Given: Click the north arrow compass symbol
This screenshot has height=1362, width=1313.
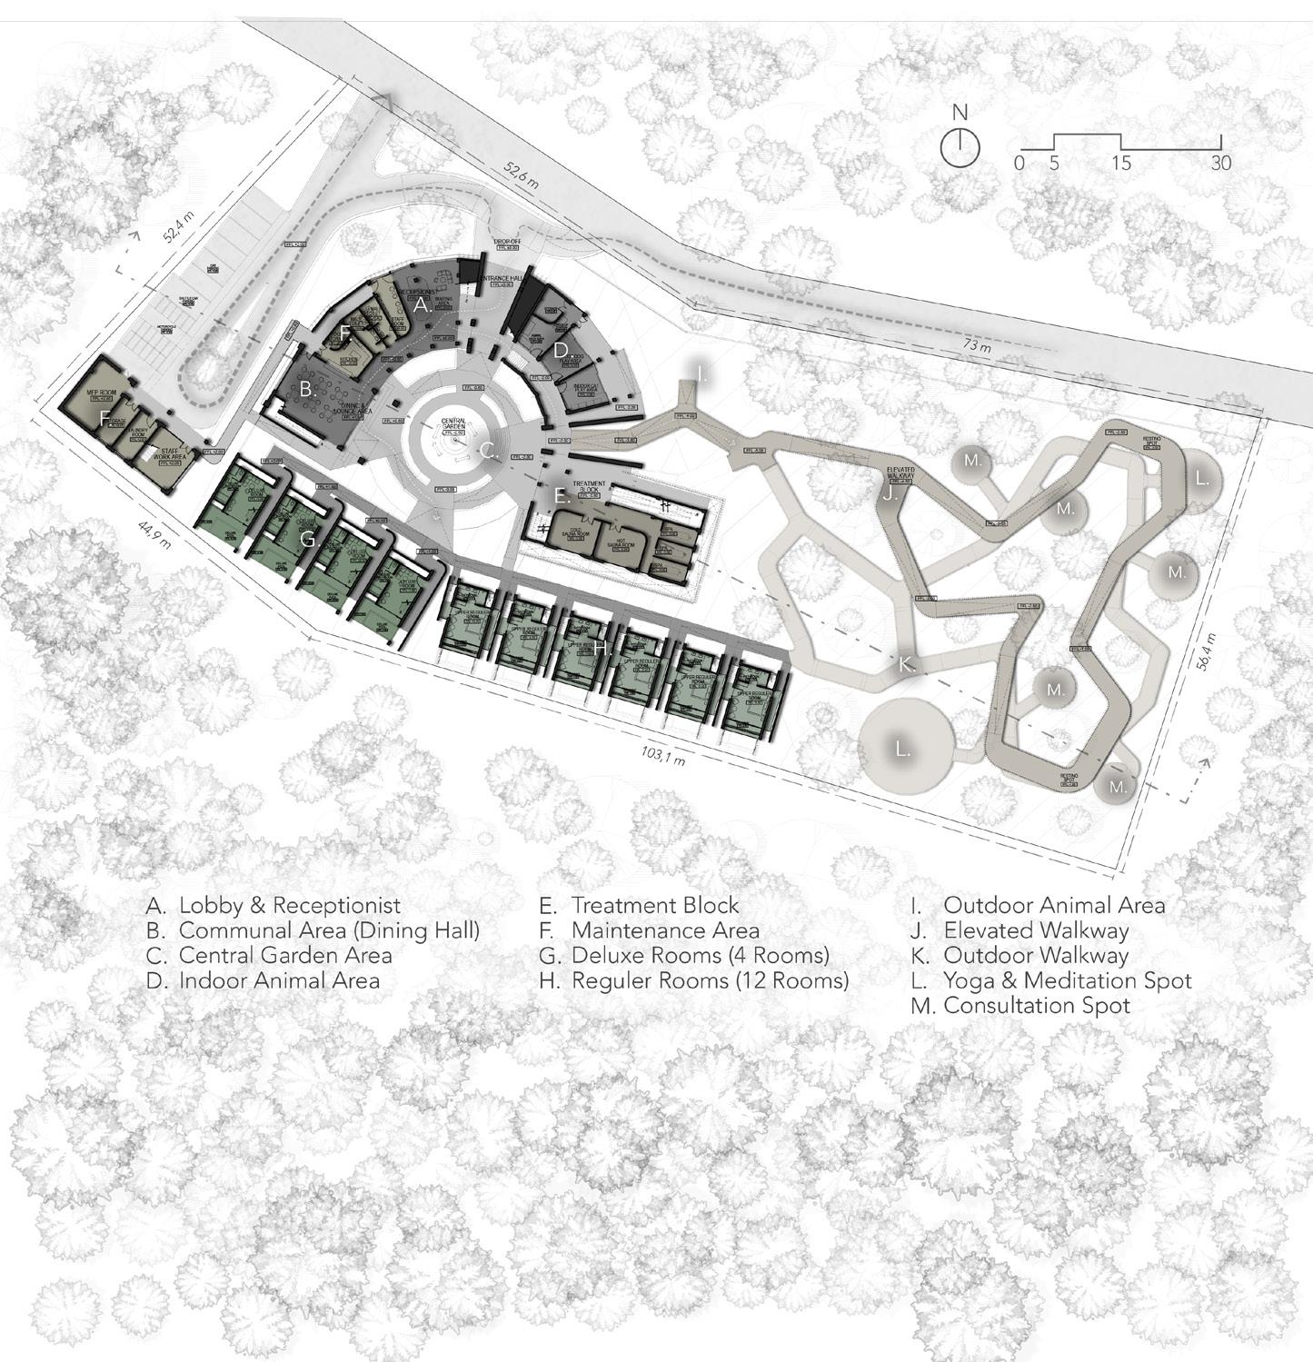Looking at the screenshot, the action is pos(960,146).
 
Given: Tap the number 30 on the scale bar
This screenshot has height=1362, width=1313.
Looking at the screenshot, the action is pos(1220,164).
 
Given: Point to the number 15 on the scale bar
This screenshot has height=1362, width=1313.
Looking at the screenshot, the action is pos(1121,164).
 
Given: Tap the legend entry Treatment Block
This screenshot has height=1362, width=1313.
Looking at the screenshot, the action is pos(654,906).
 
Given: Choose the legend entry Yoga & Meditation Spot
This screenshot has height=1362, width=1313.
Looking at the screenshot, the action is pos(1067,980).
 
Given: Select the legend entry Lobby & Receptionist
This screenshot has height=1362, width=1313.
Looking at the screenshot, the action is pos(289,906).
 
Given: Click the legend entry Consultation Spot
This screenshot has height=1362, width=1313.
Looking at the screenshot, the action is pos(1036,1006).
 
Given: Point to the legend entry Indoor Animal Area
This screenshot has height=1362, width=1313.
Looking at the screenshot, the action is pos(278,980).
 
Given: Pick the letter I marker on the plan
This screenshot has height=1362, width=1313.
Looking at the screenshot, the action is pos(701,374).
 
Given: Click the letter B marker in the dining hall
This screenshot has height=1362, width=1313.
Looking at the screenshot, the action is pos(307,390).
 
